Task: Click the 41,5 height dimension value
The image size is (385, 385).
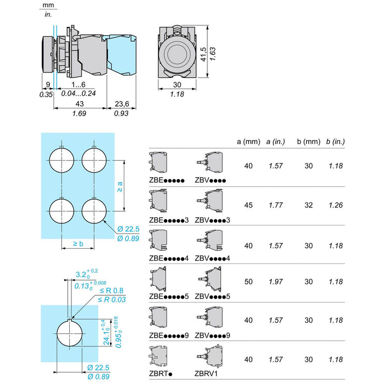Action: [x=204, y=54]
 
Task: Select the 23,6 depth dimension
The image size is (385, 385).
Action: [x=122, y=104]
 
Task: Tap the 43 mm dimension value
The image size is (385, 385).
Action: [x=80, y=104]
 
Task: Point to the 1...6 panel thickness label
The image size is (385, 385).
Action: [x=78, y=85]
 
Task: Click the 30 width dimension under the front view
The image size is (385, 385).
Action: [x=177, y=85]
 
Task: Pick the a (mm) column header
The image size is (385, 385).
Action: [x=249, y=142]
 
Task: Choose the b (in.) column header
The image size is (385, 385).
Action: [x=335, y=142]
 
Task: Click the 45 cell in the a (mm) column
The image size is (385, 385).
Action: [x=249, y=205]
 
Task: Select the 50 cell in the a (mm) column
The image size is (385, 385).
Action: [x=249, y=282]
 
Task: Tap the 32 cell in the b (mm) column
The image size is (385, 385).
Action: [x=309, y=205]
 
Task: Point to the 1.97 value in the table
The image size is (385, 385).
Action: [x=276, y=282]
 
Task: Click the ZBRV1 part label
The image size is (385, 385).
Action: [x=206, y=373]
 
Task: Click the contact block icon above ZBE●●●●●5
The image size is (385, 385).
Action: [x=158, y=279]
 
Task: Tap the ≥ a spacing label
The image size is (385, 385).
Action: [x=119, y=187]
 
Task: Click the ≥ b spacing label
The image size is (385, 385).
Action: [x=78, y=244]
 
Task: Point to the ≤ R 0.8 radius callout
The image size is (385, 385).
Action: [x=112, y=291]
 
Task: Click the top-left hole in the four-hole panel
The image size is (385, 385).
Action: [x=62, y=160]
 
